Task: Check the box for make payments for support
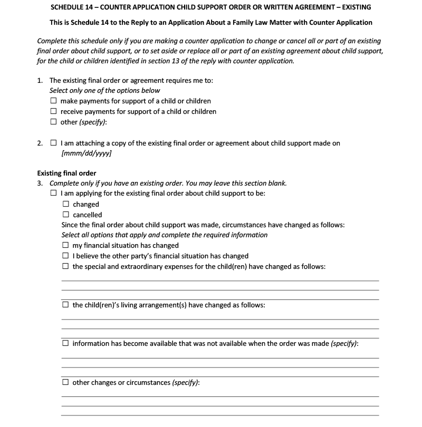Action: pos(53,101)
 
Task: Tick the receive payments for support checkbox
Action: pos(53,112)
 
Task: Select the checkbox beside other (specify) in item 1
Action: pos(53,122)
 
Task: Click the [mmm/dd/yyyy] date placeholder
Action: pos(87,153)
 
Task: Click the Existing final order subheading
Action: pos(66,173)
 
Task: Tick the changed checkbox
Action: pos(65,205)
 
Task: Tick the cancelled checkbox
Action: pos(65,215)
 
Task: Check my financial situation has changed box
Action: pos(65,246)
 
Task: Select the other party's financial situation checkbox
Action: pos(65,256)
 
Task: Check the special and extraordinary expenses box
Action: pos(65,267)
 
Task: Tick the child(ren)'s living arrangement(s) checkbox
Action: pos(65,305)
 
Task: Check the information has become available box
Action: pos(65,344)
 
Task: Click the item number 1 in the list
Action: pos(40,81)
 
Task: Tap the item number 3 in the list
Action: pos(40,183)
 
